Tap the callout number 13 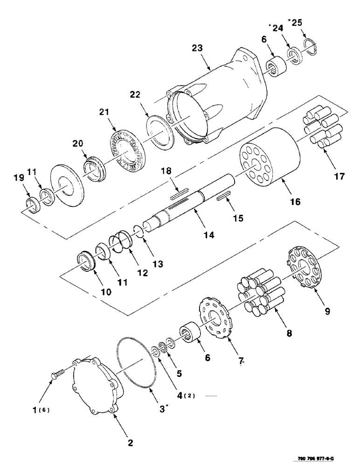point(159,264)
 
